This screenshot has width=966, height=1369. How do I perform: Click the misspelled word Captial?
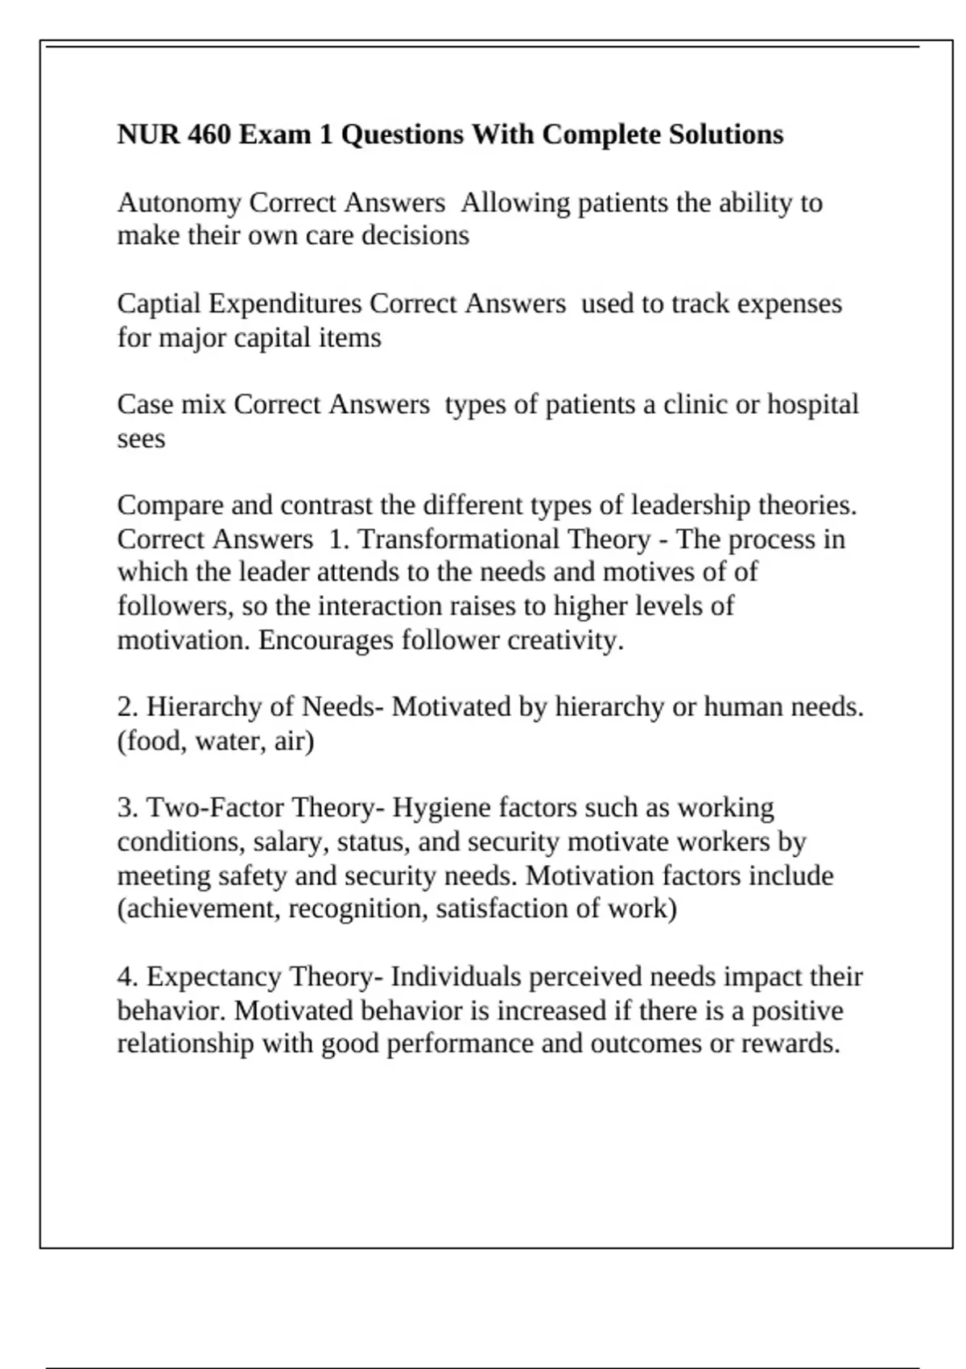tap(159, 304)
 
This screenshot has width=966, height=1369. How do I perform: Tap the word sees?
tap(141, 439)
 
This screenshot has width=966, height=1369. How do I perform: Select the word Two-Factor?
tap(216, 808)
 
